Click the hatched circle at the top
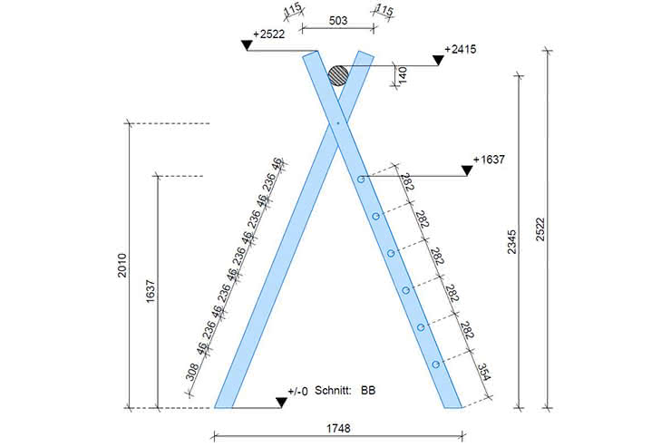tap(338, 76)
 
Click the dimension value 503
tap(338, 21)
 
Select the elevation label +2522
tap(268, 34)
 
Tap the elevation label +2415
tap(461, 49)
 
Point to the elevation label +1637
tap(489, 160)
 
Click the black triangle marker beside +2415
tap(438, 61)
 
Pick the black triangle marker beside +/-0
tap(281, 403)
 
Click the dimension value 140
tap(403, 75)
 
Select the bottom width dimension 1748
tap(338, 428)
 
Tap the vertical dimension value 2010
tap(122, 266)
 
